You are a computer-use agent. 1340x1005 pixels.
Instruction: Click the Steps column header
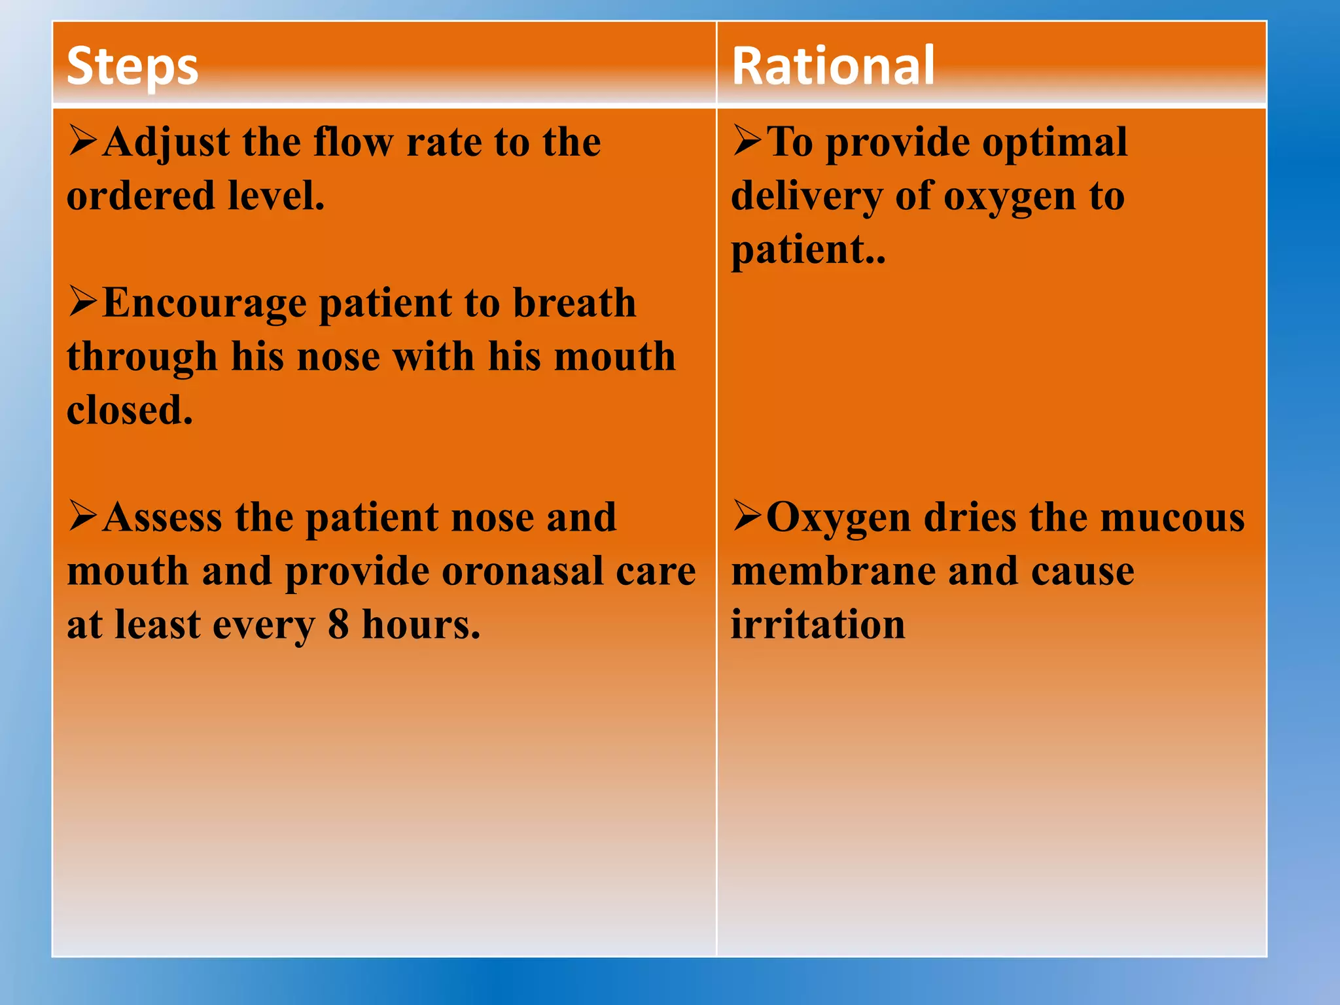click(x=133, y=67)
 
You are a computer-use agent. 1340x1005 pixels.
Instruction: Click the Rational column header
click(x=833, y=65)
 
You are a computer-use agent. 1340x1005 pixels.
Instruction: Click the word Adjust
click(x=166, y=142)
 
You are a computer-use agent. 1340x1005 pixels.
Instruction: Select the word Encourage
click(x=204, y=304)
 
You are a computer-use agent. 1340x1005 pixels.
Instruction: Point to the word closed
click(x=129, y=410)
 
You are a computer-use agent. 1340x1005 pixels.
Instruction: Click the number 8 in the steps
click(x=338, y=624)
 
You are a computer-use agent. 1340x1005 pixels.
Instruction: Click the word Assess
click(x=162, y=518)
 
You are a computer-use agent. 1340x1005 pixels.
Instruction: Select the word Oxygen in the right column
click(x=839, y=519)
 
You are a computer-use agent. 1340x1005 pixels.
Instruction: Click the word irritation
click(x=818, y=624)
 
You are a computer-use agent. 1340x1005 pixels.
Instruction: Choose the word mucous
click(x=1172, y=518)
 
